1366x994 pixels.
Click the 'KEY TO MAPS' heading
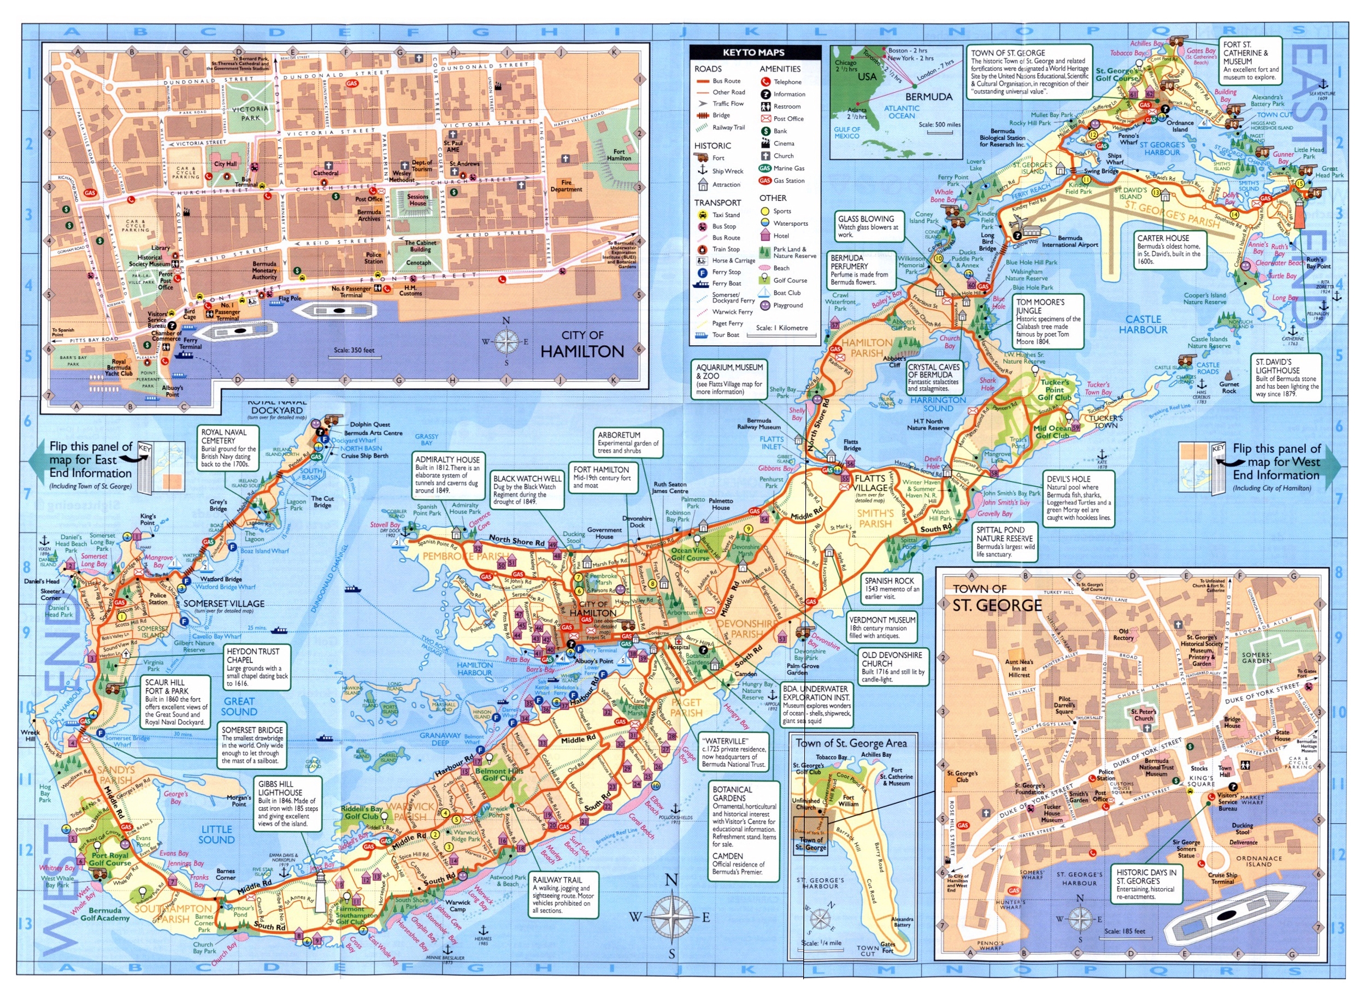click(x=753, y=52)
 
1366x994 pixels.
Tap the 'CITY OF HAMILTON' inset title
click(x=582, y=345)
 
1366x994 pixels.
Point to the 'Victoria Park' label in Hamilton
click(x=250, y=113)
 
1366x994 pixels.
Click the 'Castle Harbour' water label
click(x=1143, y=324)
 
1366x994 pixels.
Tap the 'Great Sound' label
click(x=239, y=706)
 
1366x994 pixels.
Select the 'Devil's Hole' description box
click(x=1079, y=498)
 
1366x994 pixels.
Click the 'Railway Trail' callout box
click(x=563, y=895)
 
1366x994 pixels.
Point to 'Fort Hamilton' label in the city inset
click(x=619, y=155)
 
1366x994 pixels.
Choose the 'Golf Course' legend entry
click(x=789, y=280)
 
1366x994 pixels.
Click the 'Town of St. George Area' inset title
click(x=851, y=743)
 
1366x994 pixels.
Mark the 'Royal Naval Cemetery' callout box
click(x=228, y=447)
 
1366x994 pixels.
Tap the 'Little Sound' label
click(x=216, y=834)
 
